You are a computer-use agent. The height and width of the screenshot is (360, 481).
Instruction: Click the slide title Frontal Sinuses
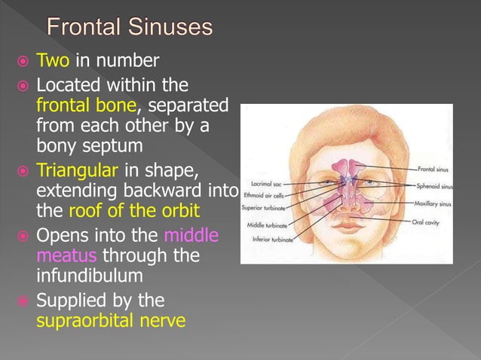130,29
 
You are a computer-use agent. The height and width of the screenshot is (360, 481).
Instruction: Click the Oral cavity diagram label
427,222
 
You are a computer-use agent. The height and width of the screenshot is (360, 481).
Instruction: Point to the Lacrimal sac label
267,182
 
